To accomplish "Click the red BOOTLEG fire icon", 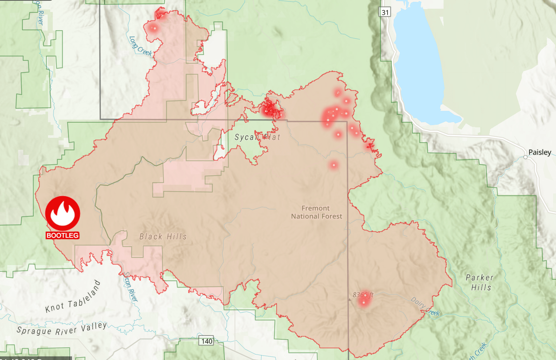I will click(x=63, y=213).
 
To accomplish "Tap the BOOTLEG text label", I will click(x=63, y=236).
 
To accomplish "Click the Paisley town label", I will click(x=540, y=152).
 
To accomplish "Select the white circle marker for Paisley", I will click(x=525, y=157).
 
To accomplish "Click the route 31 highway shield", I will click(x=385, y=12).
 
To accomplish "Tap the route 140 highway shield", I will click(x=207, y=341).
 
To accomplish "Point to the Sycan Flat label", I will click(x=257, y=137).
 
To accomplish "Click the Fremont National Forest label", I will click(x=316, y=212).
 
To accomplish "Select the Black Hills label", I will click(x=163, y=237).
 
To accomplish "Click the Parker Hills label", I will click(x=480, y=283).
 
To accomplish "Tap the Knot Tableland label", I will click(x=73, y=297).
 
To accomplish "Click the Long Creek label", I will click(x=140, y=46).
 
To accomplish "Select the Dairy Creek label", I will click(x=425, y=307).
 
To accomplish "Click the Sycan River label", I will click(x=130, y=287).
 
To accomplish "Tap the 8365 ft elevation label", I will click(x=363, y=295).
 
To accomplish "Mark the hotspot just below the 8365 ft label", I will click(x=364, y=302).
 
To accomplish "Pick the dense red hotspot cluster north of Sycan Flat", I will click(x=270, y=110).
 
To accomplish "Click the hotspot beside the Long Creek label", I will click(x=154, y=28).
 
